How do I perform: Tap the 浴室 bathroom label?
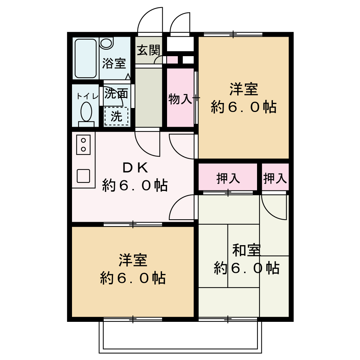[x=114, y=64]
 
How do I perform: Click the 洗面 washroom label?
[x=116, y=94]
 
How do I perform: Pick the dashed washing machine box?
[x=116, y=116]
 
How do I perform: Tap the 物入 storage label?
[x=180, y=99]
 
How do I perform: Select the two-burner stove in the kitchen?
[x=83, y=144]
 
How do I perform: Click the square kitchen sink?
[x=83, y=176]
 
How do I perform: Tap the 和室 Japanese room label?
[x=246, y=250]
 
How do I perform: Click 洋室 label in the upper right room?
[x=244, y=89]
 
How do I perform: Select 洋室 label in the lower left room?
[x=133, y=260]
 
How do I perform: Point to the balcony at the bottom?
[x=180, y=337]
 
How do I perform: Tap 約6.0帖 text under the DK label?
[x=135, y=185]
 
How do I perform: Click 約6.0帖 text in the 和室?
[x=246, y=268]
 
